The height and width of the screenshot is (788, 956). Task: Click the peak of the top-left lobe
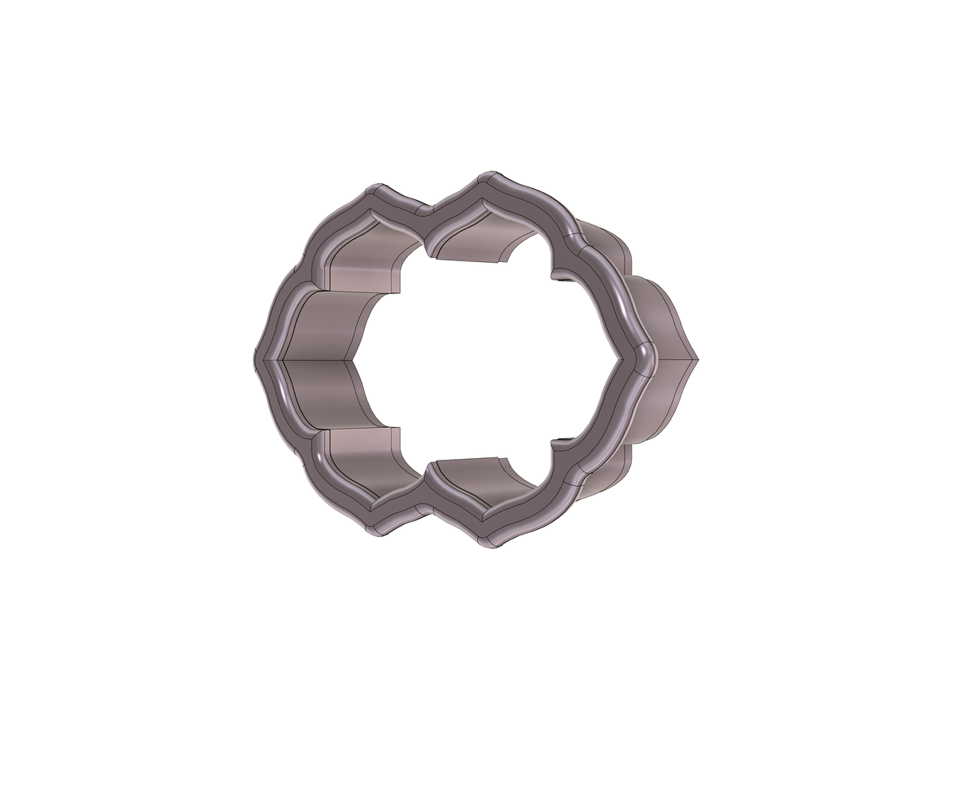tap(374, 189)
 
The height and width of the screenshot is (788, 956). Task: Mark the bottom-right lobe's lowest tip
tap(490, 548)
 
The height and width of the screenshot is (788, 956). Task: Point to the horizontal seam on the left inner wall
tap(319, 360)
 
